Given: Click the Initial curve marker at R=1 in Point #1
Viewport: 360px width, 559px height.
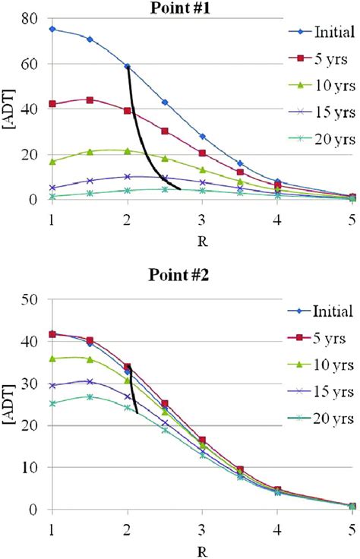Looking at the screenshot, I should (x=52, y=29).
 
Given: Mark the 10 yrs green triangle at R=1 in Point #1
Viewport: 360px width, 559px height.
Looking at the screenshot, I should (x=52, y=161).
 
